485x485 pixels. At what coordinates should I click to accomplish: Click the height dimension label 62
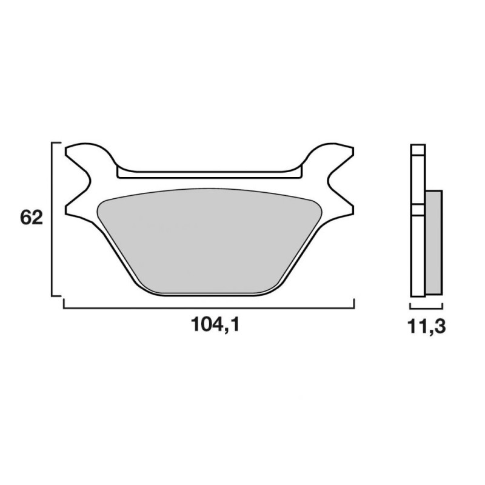pyautogui.click(x=32, y=218)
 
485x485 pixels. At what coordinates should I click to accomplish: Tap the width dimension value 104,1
pyautogui.click(x=215, y=325)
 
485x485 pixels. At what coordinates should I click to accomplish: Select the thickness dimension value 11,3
pyautogui.click(x=427, y=326)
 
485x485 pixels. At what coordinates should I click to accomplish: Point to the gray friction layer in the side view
pyautogui.click(x=434, y=242)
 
